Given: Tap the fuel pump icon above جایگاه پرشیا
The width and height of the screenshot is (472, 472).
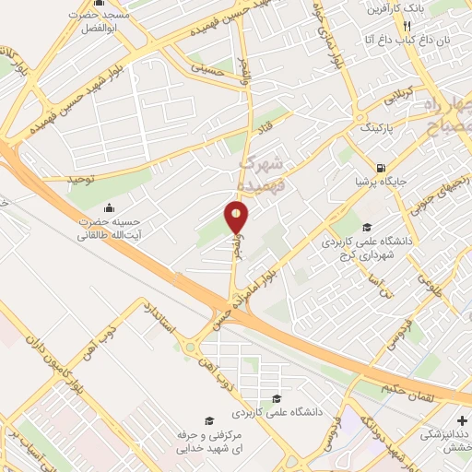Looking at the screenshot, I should (x=380, y=168).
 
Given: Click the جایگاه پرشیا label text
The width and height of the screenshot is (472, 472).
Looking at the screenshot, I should (x=380, y=182).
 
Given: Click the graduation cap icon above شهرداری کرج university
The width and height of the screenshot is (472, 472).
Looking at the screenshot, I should (x=366, y=228).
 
